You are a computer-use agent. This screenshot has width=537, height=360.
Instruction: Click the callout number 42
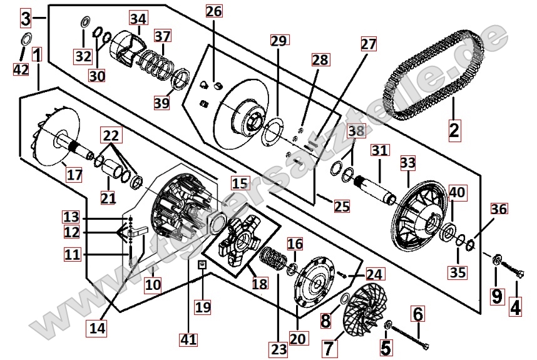pos(21,69)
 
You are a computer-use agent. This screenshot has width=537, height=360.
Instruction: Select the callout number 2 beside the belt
pos(454,130)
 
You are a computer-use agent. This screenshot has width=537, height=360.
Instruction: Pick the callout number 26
pos(213,12)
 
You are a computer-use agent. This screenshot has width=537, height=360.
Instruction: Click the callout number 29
pos(278,41)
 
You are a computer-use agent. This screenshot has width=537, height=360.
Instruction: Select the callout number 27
pos(369,44)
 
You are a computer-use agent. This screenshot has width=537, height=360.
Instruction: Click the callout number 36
pos(498,209)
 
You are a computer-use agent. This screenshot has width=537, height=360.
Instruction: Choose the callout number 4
pos(515,307)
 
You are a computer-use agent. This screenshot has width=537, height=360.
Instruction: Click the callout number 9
pos(496,295)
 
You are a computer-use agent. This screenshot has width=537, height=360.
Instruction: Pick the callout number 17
pos(74,175)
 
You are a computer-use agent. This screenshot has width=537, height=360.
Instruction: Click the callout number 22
pos(111,136)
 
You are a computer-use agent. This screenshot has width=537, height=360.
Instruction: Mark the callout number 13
pos(71,217)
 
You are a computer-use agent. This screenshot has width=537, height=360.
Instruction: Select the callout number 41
pos(188,340)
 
